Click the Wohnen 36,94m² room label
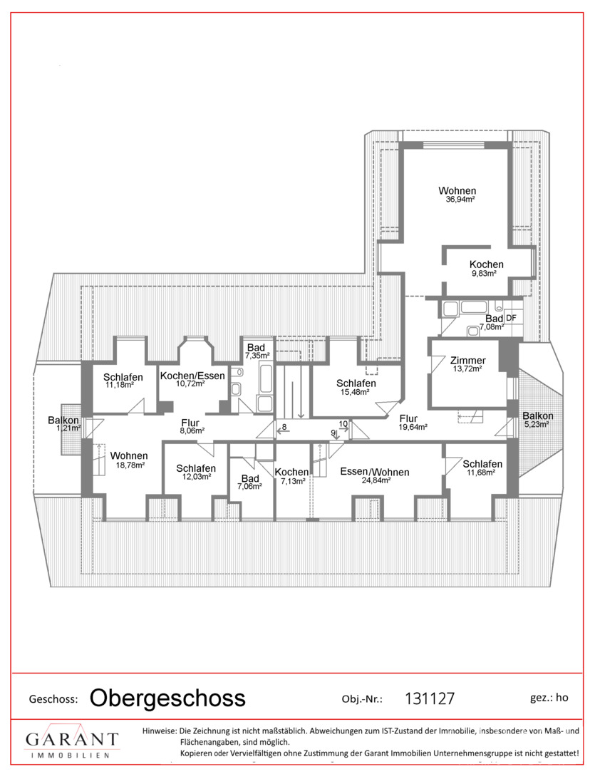457,194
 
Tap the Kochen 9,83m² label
486,268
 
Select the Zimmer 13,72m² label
468,364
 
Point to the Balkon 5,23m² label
537,420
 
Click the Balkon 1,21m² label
63,423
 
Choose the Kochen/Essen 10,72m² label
192,379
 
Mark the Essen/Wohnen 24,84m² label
375,475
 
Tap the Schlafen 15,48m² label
356,387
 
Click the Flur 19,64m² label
413,423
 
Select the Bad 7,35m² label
257,351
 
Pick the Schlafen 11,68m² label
482,468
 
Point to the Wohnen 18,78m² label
129,460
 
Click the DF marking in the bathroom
511,317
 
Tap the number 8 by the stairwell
284,427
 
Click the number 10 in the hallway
343,424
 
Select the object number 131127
430,698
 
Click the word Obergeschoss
167,698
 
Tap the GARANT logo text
72,739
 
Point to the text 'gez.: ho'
549,698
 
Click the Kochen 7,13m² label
292,476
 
